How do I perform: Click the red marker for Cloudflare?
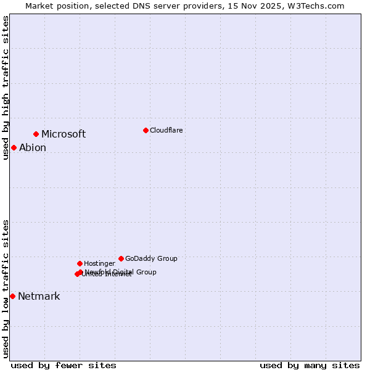(146, 130)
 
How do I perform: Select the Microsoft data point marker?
(36, 134)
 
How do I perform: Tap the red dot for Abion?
(14, 147)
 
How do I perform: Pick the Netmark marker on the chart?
(12, 296)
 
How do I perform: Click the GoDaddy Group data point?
(121, 258)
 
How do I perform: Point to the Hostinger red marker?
(80, 263)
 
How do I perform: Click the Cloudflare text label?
(166, 130)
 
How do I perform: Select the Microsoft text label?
(64, 134)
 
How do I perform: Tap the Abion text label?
(33, 148)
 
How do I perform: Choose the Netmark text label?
(39, 297)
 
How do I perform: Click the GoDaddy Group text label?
(151, 259)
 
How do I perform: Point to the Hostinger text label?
(99, 264)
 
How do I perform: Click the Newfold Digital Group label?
(121, 272)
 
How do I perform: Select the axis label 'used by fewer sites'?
(64, 366)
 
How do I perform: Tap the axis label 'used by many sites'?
(310, 366)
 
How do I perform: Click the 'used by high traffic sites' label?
(6, 88)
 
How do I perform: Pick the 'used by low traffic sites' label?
(6, 289)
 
